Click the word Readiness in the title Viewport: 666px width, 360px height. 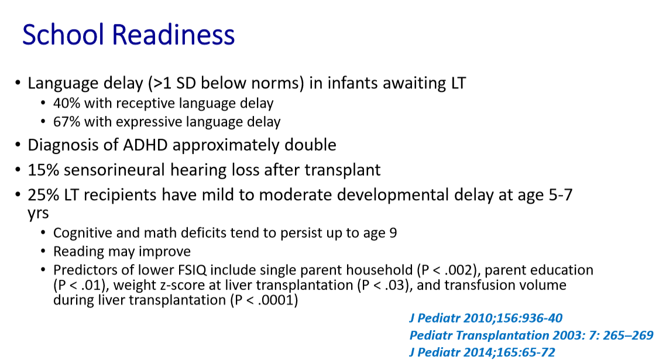(173, 35)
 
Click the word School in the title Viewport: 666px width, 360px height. (63, 35)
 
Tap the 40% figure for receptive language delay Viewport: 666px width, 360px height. (67, 103)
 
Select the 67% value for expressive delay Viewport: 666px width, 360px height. (67, 122)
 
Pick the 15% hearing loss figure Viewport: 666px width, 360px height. (43, 170)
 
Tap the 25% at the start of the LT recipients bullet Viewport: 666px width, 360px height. (43, 195)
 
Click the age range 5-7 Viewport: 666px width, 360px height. (559, 195)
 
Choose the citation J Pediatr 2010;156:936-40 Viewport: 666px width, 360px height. (486, 318)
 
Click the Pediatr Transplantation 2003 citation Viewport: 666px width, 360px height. (531, 335)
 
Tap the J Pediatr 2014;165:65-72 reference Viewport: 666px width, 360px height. (482, 352)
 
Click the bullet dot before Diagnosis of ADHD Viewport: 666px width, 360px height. (18, 145)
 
